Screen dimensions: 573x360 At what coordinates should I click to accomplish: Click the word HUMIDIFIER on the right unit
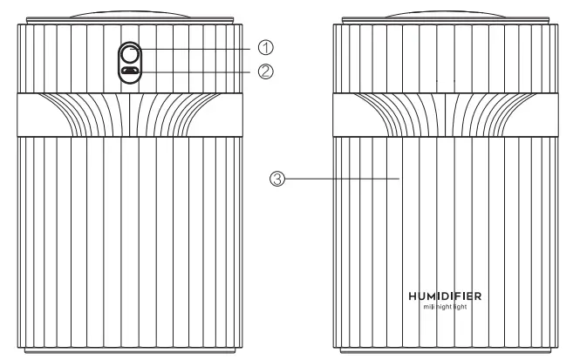point(444,295)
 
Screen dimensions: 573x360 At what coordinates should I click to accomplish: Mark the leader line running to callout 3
point(340,179)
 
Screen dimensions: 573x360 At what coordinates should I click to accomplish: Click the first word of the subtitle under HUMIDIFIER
point(422,308)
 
